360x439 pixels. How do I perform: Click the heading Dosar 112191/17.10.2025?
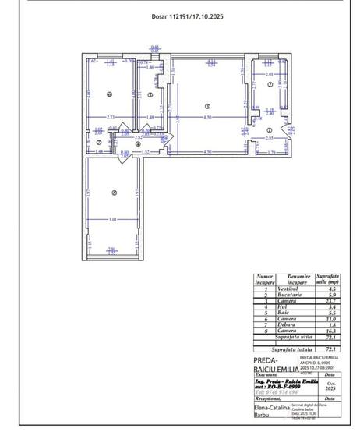click(x=187, y=16)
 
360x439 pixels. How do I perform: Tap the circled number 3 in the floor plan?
click(x=206, y=106)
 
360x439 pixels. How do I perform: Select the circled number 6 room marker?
click(x=110, y=95)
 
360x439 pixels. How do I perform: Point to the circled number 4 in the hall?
click(x=137, y=144)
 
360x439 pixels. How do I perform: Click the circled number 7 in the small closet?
click(x=87, y=141)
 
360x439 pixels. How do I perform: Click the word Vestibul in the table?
click(x=277, y=289)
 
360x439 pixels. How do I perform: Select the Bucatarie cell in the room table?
click(x=277, y=295)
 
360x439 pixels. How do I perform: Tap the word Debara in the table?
click(x=277, y=324)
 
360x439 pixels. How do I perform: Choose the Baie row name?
click(x=277, y=313)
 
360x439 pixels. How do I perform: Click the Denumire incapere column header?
click(x=277, y=279)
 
